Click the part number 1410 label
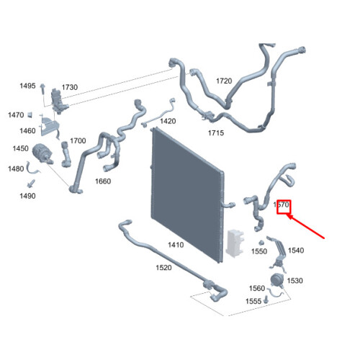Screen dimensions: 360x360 176,245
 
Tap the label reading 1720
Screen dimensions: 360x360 224,81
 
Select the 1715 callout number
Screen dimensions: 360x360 216,132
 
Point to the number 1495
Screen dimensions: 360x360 27,86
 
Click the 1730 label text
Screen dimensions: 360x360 70,87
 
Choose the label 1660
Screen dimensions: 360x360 103,181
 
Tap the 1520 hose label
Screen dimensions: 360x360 163,268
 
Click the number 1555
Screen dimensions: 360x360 253,301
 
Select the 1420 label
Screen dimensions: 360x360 168,121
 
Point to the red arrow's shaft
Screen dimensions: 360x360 306,227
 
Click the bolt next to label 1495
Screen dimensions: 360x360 42,89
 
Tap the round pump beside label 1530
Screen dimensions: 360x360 277,280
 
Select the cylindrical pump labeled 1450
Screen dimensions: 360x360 42,153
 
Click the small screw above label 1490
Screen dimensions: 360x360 31,184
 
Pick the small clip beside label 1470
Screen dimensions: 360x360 30,114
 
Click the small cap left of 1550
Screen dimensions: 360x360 261,243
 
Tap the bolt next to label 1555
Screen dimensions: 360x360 266,300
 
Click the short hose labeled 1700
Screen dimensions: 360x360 66,154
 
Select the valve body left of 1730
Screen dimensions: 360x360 58,101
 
